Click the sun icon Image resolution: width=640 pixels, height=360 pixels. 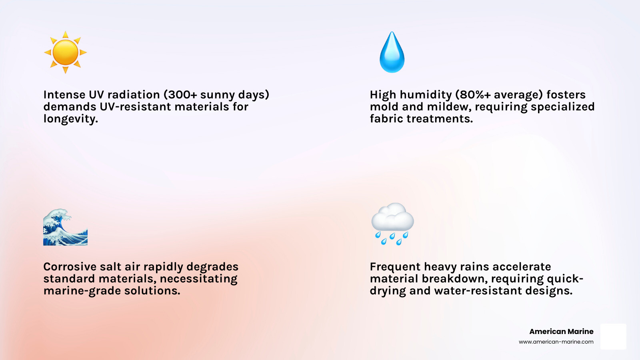(x=65, y=52)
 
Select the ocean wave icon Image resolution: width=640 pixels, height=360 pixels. (x=65, y=227)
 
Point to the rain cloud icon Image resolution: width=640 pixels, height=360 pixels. (x=392, y=224)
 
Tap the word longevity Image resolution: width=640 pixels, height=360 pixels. (x=70, y=119)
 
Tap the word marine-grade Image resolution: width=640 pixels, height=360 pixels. (x=82, y=291)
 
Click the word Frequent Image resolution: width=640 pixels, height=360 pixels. (x=395, y=267)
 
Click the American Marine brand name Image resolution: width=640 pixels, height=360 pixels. (x=561, y=332)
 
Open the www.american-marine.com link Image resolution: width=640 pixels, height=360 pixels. (x=556, y=342)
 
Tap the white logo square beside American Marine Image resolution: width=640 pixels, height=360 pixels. (x=613, y=336)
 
